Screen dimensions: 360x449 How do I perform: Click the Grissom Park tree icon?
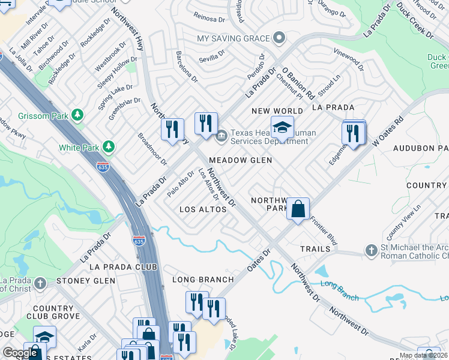tap(77, 114)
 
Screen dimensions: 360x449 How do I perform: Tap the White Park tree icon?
tap(109, 146)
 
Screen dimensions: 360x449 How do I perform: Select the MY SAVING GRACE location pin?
tap(278, 38)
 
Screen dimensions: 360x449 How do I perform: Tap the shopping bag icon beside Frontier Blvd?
tap(298, 209)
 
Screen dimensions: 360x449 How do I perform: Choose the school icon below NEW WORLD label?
tap(282, 127)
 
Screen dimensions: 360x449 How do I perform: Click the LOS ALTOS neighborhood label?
tap(203, 209)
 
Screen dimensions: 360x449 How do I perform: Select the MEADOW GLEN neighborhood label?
tap(240, 160)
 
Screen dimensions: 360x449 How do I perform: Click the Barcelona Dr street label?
tap(187, 67)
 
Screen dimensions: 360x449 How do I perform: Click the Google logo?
tap(20, 353)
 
